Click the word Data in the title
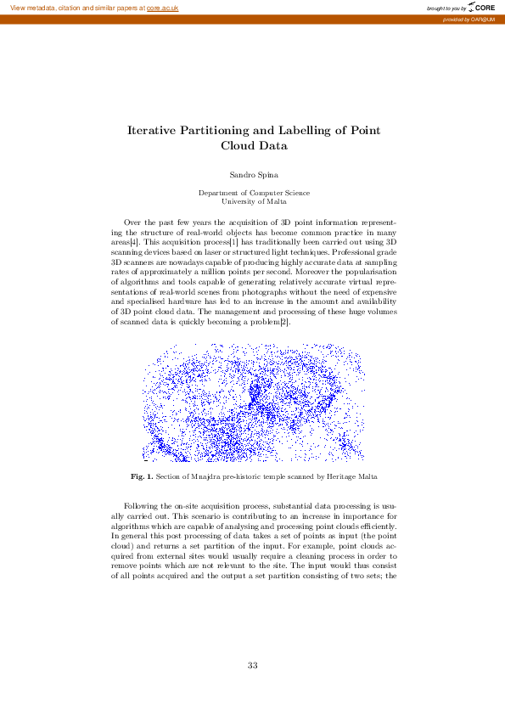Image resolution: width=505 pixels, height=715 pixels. pos(273,145)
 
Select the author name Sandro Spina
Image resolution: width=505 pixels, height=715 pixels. pos(253,174)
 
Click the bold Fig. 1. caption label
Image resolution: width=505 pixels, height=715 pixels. pos(141,476)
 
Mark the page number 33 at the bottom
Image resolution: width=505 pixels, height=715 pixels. pos(253,665)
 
